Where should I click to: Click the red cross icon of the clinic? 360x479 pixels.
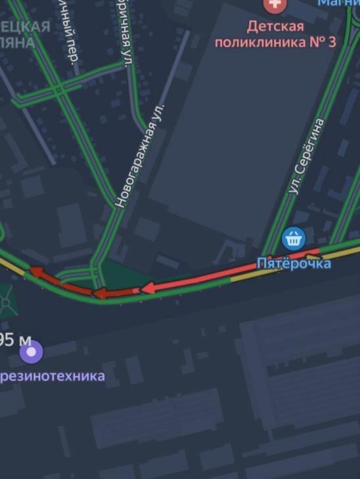coord(275,5)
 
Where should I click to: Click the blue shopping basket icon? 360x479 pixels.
coord(293,238)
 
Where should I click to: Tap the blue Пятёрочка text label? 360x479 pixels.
coord(293,263)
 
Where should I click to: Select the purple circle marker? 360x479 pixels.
coord(31,352)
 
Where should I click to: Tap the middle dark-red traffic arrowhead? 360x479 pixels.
coord(99,293)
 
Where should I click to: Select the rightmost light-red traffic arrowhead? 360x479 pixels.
coord(148,287)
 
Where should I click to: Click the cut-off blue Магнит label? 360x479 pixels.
coord(339,3)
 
